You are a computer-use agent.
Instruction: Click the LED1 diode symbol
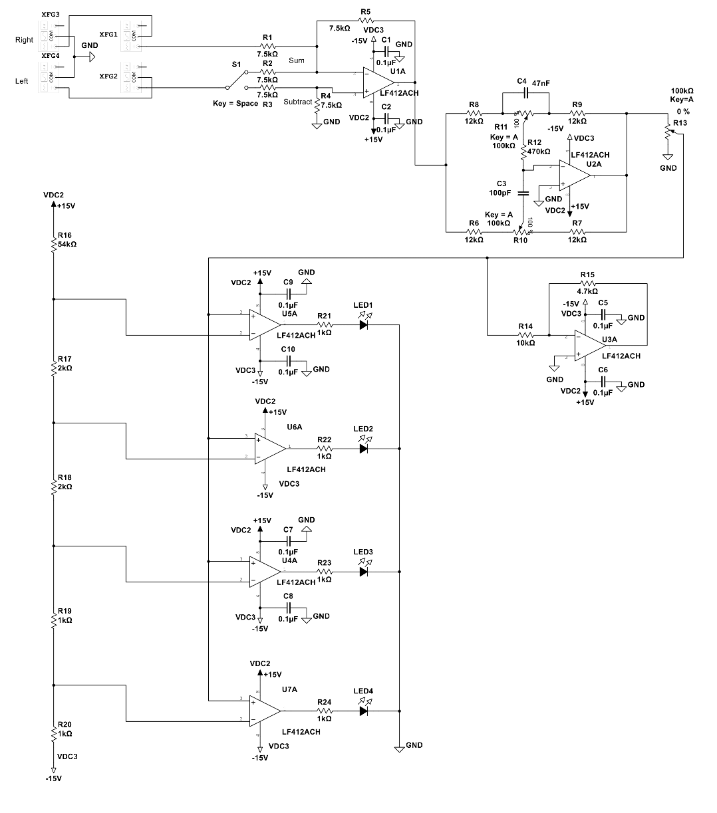[363, 325]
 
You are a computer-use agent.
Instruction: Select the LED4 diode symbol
[363, 711]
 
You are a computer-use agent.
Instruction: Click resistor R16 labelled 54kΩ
[53, 246]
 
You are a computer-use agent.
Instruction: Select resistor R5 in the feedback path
[365, 21]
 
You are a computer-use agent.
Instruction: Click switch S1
[234, 81]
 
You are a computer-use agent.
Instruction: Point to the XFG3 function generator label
[51, 15]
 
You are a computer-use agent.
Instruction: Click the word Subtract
[297, 102]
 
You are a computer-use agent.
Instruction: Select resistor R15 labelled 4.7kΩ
[587, 283]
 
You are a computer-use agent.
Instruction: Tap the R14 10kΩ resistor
[525, 334]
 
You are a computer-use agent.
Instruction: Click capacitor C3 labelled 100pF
[523, 193]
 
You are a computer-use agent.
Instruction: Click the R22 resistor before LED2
[324, 449]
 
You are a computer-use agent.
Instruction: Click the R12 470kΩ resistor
[523, 152]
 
